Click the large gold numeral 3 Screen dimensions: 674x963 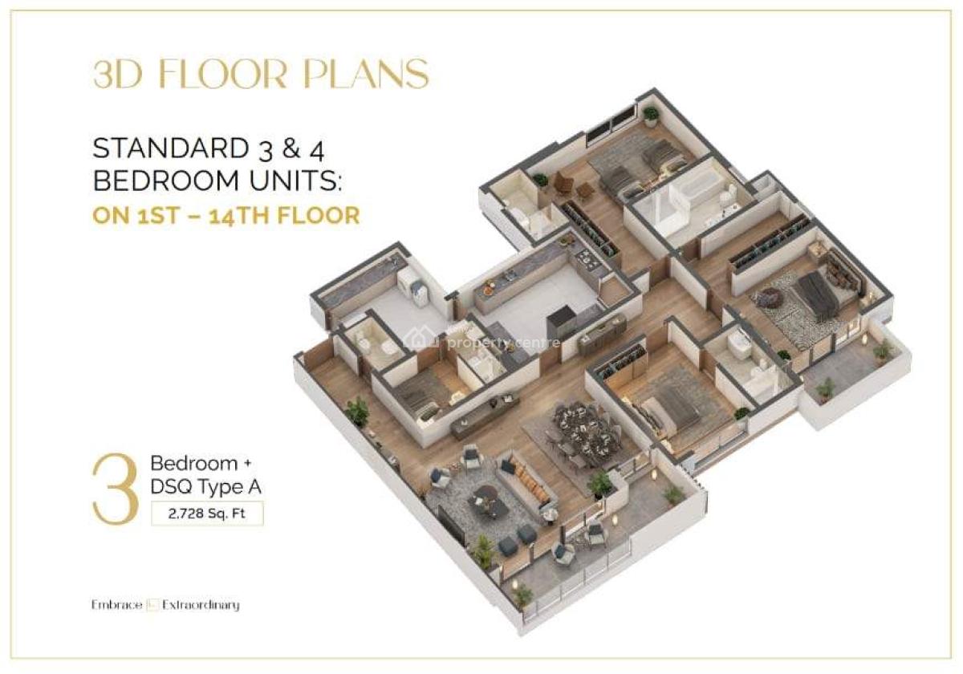(x=116, y=490)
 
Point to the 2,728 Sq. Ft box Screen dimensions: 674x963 (x=207, y=512)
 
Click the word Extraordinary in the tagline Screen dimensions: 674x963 (x=201, y=605)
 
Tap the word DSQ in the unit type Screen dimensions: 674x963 (x=170, y=485)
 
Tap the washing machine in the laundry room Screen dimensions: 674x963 (x=410, y=283)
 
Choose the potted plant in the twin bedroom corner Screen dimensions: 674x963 (x=651, y=115)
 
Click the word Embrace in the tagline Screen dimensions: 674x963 (x=117, y=605)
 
